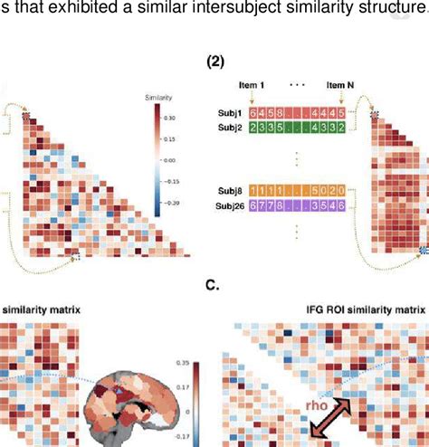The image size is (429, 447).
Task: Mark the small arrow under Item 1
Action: [257, 97]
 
